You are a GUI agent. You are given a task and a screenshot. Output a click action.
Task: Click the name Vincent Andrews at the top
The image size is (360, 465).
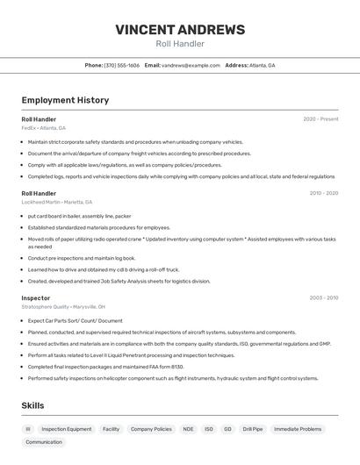tap(180, 30)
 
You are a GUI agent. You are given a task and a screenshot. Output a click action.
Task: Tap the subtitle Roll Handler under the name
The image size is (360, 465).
tap(180, 44)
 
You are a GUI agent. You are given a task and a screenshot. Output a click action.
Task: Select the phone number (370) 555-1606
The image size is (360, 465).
tap(121, 65)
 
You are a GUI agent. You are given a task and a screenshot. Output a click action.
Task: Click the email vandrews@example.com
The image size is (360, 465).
tap(191, 65)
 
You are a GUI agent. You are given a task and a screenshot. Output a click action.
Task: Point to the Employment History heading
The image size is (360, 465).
tap(65, 100)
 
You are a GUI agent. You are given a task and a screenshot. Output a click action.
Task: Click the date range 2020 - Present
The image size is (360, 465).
tap(320, 119)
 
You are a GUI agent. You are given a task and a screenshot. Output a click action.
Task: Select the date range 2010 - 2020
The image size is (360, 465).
tap(323, 193)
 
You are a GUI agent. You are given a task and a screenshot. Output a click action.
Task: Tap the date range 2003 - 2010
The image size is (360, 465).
tap(323, 298)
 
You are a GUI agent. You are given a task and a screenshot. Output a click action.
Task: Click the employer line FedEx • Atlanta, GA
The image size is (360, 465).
tap(43, 128)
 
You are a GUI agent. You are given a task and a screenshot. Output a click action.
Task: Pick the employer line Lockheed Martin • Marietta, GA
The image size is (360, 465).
tap(57, 202)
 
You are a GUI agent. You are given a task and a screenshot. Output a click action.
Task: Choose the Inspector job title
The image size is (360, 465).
tap(36, 298)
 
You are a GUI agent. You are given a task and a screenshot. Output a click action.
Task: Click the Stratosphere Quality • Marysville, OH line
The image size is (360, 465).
tap(63, 307)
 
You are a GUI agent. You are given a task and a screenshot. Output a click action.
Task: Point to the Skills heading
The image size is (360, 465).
tap(32, 405)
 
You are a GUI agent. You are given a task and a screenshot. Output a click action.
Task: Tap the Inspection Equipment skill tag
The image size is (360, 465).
tap(67, 429)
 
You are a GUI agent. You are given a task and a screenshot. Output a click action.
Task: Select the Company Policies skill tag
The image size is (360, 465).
tap(151, 429)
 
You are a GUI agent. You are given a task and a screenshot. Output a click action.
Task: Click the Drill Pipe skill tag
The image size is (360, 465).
tap(253, 429)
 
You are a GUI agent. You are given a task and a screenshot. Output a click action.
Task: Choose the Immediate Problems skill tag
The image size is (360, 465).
tap(298, 429)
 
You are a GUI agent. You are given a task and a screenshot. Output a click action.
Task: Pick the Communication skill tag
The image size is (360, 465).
tap(44, 442)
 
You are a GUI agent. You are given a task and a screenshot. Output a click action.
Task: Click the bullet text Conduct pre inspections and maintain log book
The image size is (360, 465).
tap(82, 258)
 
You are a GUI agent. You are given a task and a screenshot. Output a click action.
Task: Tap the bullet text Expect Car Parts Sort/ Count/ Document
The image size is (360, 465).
tap(76, 320)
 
